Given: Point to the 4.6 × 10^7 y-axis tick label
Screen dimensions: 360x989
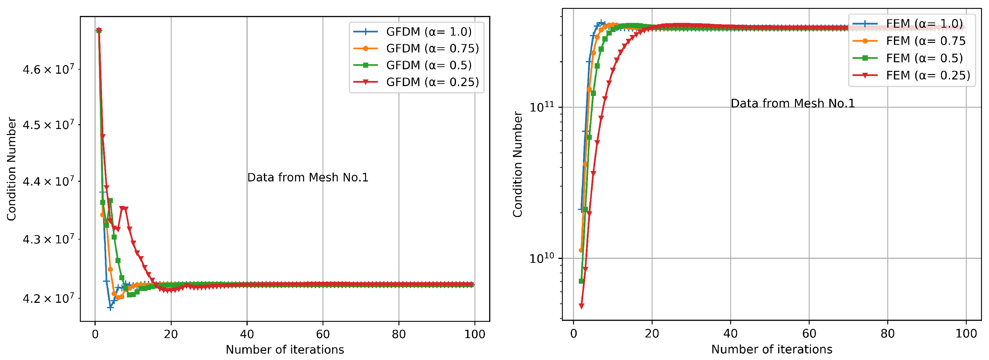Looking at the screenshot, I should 48,70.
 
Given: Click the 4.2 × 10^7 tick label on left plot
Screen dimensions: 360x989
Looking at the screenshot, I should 48,299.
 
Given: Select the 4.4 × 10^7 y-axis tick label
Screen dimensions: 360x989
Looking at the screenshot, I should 48,181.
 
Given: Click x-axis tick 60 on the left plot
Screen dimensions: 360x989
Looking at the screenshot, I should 323,334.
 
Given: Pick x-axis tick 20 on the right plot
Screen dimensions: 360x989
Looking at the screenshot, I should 652,334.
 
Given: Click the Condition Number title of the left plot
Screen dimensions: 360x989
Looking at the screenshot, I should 11,169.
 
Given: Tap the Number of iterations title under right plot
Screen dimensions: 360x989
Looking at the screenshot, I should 772,349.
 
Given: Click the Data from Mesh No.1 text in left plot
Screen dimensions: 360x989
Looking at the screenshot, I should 308,177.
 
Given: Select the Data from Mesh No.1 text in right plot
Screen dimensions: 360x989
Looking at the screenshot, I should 792,103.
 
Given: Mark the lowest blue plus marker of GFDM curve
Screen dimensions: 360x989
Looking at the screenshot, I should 110,308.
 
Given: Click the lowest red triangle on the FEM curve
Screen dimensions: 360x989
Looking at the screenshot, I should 581,306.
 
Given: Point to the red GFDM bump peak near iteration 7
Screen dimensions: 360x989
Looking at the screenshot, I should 122,208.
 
